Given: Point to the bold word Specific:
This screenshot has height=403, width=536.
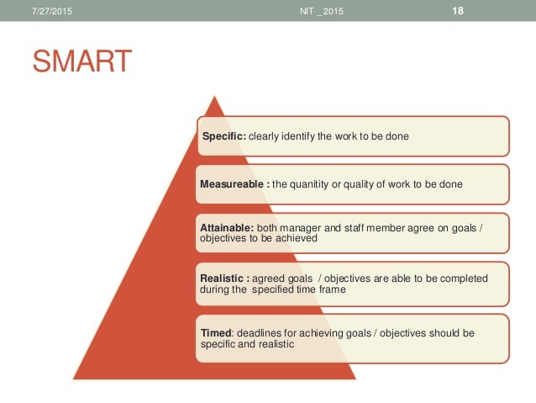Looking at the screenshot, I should (x=223, y=136).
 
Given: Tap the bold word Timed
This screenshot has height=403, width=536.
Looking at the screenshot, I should (x=217, y=333).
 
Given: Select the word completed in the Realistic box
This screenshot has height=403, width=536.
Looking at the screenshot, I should (x=461, y=277).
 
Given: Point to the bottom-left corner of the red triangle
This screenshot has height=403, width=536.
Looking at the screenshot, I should (x=75, y=378).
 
